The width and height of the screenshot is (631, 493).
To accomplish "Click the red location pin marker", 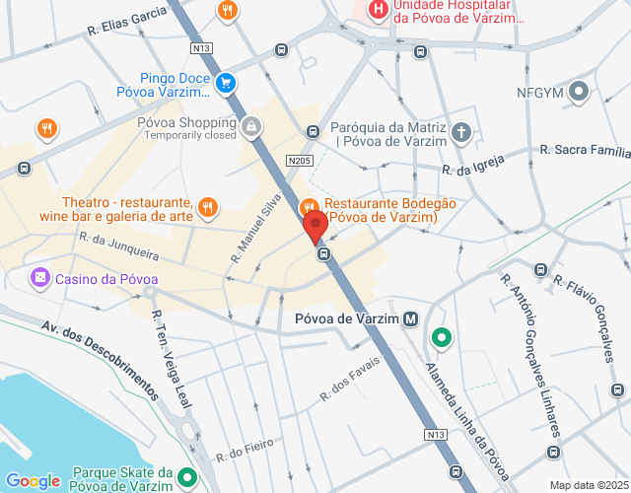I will pos(315,226).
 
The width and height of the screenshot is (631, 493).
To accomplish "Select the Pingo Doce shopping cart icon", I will pos(227,84).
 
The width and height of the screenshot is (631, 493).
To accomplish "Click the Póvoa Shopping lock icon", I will pos(252,127).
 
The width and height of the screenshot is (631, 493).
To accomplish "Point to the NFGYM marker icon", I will pos(580,94).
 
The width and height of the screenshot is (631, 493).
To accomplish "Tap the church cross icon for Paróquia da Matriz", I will pos(461,133).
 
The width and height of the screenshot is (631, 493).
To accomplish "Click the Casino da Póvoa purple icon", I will pos(39,278).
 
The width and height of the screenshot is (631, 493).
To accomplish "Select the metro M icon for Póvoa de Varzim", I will pos(412,319).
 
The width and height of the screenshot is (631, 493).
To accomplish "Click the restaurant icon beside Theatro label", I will pos(207,207).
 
